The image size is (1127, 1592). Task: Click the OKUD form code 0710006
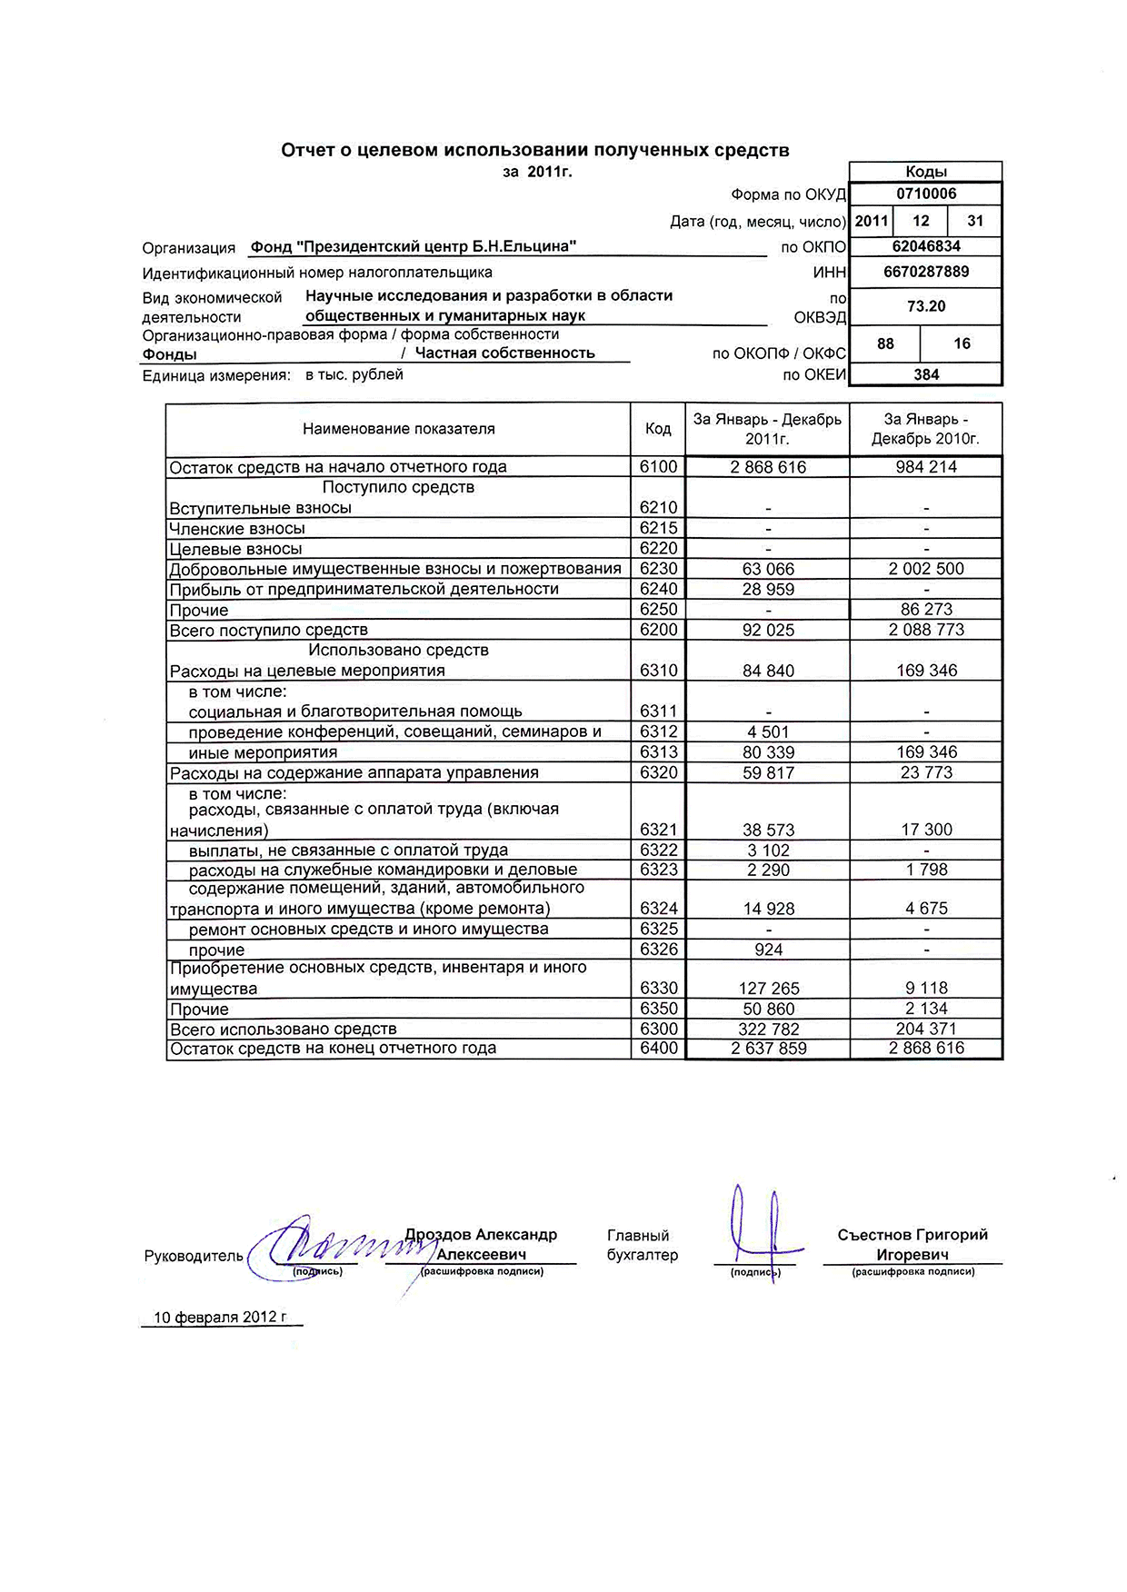click(925, 194)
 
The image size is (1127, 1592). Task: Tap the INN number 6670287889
click(925, 272)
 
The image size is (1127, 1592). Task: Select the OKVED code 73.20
click(925, 306)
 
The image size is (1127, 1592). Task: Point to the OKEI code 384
click(925, 374)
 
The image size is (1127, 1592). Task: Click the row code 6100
click(658, 467)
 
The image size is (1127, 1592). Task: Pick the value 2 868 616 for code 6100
click(768, 467)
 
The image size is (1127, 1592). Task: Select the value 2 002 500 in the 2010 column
click(926, 569)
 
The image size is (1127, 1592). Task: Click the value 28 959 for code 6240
click(768, 589)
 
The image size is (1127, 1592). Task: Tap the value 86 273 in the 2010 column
click(926, 610)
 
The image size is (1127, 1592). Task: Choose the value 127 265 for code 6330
click(768, 989)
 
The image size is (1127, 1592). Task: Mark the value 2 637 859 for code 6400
click(768, 1049)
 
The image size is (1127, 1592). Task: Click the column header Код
click(658, 429)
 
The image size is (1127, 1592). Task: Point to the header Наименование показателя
click(398, 429)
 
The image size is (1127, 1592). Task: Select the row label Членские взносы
click(237, 529)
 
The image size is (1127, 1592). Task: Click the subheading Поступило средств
click(398, 488)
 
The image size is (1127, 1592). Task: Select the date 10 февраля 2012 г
click(220, 1318)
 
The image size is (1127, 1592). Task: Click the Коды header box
click(925, 172)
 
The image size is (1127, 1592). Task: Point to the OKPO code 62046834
click(925, 246)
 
